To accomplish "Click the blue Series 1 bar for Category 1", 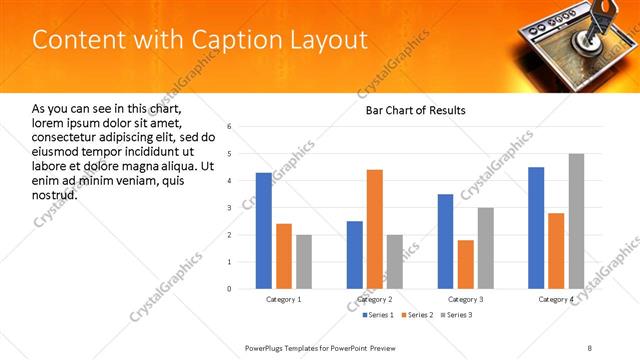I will click(x=263, y=231).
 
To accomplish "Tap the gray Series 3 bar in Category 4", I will click(x=576, y=221).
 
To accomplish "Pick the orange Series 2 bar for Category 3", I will click(x=465, y=264).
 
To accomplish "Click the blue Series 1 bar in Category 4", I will click(x=536, y=228).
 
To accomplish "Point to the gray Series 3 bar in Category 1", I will click(x=303, y=262).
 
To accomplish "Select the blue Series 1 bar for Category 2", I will click(x=355, y=255).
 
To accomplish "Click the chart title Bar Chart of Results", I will click(x=414, y=110).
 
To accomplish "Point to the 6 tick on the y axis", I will click(x=229, y=127).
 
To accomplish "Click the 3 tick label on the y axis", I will click(x=229, y=208).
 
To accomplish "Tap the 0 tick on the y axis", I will click(x=229, y=289).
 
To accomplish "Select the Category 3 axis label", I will click(x=465, y=299).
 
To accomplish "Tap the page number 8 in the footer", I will click(x=589, y=347).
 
